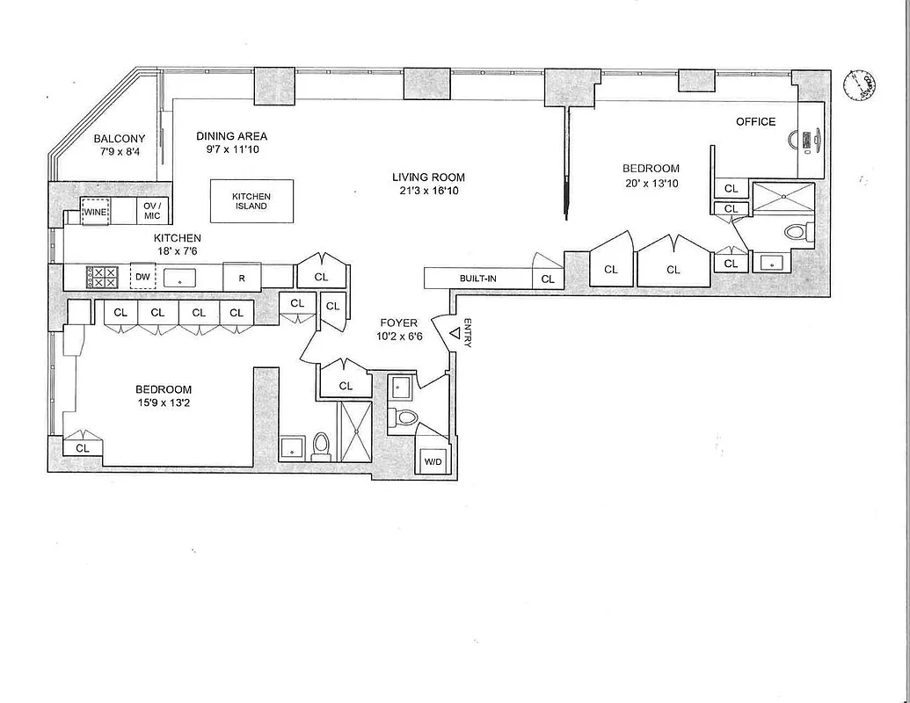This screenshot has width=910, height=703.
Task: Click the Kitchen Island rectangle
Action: coord(251,201)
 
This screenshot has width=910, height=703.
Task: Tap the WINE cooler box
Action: coord(95,211)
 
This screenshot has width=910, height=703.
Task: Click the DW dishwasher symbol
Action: coord(141,277)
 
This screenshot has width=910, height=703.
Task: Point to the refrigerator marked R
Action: coord(242,277)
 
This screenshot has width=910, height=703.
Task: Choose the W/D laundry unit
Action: coord(433,461)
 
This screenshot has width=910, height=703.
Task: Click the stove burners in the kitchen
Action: coord(101,277)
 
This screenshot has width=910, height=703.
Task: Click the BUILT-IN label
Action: coord(478,279)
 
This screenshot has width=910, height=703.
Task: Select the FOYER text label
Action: coord(398,323)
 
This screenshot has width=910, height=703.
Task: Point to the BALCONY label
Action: coord(120,139)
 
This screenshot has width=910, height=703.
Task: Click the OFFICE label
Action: coord(755,121)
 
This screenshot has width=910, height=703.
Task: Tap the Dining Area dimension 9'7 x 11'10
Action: coord(231,149)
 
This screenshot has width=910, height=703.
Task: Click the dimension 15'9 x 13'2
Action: coord(163,403)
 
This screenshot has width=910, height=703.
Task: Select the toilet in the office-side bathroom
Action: coord(797,232)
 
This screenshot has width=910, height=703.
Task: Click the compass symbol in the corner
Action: coord(859,85)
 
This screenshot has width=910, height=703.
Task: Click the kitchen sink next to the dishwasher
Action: coord(179,278)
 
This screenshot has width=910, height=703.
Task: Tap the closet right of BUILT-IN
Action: coord(549,279)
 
